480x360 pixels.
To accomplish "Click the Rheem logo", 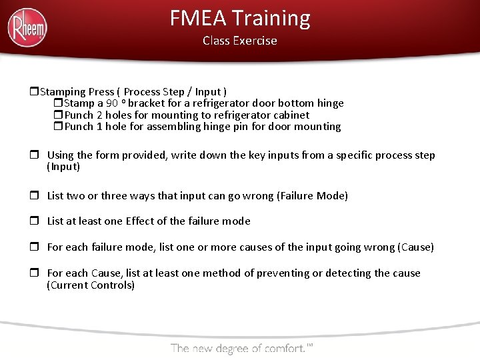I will [27, 28].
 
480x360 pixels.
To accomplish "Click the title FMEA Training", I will [240, 18].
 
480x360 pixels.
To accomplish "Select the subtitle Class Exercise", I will [240, 41].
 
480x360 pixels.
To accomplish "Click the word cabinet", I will [289, 115].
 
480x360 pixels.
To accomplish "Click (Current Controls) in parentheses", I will [91, 285].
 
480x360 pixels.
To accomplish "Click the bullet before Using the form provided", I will [35, 155].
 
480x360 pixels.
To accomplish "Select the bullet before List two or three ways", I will [35, 195].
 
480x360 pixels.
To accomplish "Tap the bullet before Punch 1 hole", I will [58, 126].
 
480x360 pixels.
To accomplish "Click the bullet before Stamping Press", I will [35, 91].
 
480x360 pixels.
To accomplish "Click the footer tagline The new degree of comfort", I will [241, 347].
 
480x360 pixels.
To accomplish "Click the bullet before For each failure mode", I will [35, 247].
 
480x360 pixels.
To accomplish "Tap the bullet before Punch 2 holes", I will [58, 115].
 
